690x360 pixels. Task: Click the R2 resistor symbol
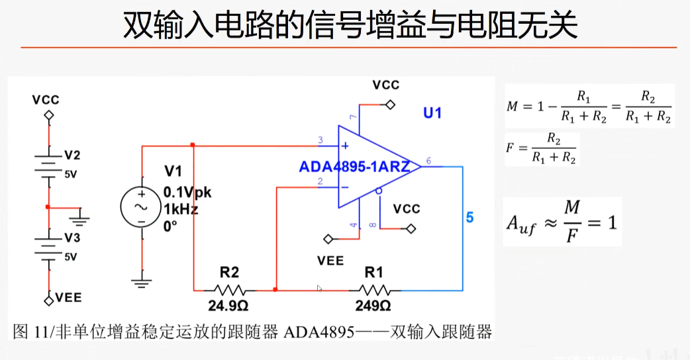pyautogui.click(x=229, y=290)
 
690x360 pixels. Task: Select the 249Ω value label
pyautogui.click(x=374, y=306)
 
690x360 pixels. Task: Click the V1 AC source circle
pyautogui.click(x=141, y=206)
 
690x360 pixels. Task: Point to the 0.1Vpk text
pyautogui.click(x=187, y=193)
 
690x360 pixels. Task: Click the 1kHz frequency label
pyautogui.click(x=181, y=209)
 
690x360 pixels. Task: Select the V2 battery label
pyautogui.click(x=72, y=156)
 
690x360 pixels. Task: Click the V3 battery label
pyautogui.click(x=72, y=238)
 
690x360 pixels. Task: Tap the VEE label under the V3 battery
pyautogui.click(x=68, y=298)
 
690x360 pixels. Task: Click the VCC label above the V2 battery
pyautogui.click(x=45, y=100)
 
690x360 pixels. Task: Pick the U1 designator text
pyautogui.click(x=432, y=113)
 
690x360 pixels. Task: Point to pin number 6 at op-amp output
pyautogui.click(x=428, y=161)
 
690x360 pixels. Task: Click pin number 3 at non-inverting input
pyautogui.click(x=320, y=140)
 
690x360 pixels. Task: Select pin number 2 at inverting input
pyautogui.click(x=320, y=181)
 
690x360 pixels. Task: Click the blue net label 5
pyautogui.click(x=469, y=217)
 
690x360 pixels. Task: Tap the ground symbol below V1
pyautogui.click(x=141, y=283)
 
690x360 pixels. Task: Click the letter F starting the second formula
pyautogui.click(x=509, y=147)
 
